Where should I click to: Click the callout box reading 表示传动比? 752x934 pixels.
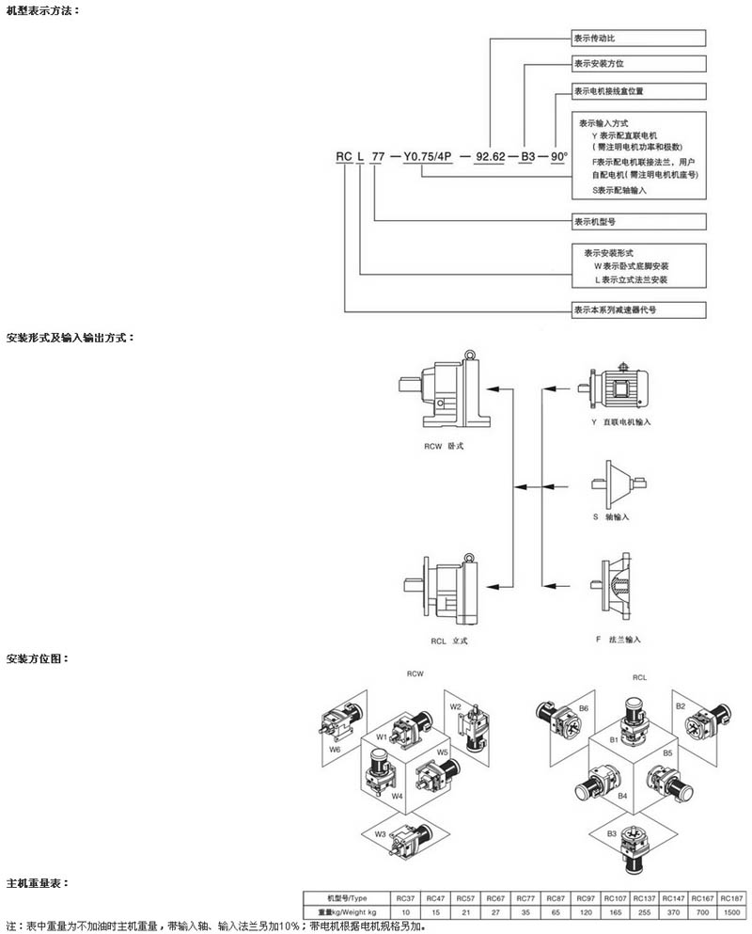coord(638,39)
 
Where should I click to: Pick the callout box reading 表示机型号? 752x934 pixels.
coord(638,222)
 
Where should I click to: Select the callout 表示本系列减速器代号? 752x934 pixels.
coord(638,309)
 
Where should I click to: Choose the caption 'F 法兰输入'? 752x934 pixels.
coord(617,640)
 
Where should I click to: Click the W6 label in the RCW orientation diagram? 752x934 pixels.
coord(334,750)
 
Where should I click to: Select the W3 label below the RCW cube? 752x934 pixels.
coord(381,832)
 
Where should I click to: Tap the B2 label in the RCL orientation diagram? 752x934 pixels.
coord(681,705)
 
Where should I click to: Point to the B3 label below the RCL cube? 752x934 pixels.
coord(611,833)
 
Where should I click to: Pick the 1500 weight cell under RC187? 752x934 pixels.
coord(729,911)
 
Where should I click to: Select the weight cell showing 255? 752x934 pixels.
coord(648,911)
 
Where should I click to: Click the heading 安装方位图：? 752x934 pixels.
coord(37,658)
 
